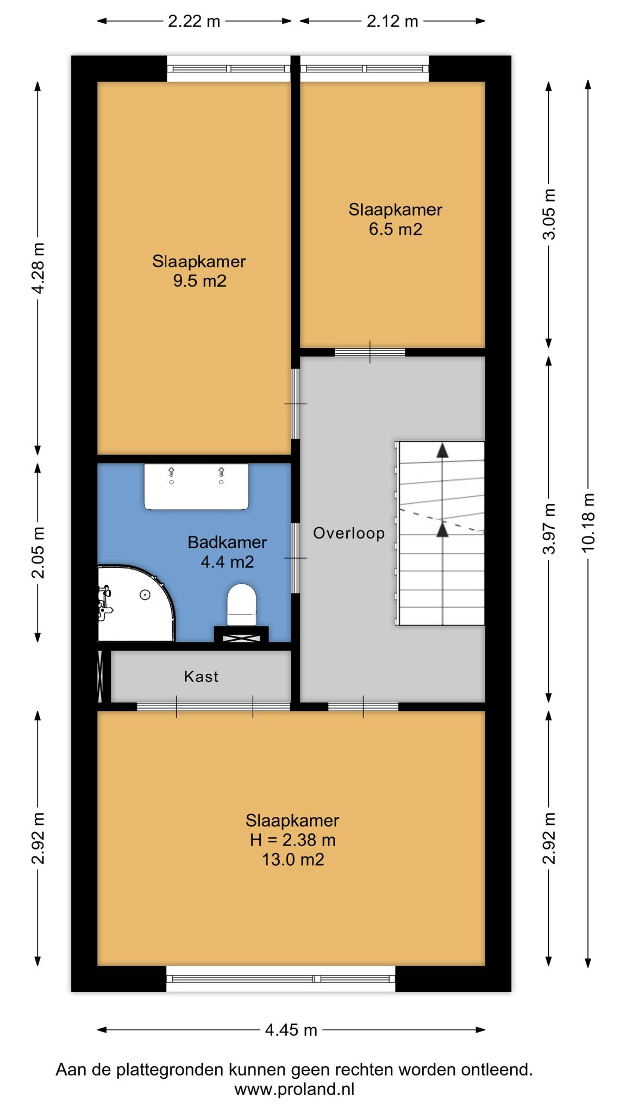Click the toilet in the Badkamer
point(241,605)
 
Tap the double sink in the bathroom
point(196,486)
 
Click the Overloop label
point(349,533)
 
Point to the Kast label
point(201,677)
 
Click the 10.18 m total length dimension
point(588,522)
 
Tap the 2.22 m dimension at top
point(194,21)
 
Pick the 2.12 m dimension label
point(392,21)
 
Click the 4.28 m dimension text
point(38,268)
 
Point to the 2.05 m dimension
point(38,552)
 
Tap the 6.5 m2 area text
point(396,229)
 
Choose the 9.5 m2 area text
point(199,281)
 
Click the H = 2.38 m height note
point(293,840)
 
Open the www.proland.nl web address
point(295,1089)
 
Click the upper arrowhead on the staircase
point(443,450)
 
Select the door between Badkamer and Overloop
point(295,558)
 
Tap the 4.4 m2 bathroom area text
point(228,562)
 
